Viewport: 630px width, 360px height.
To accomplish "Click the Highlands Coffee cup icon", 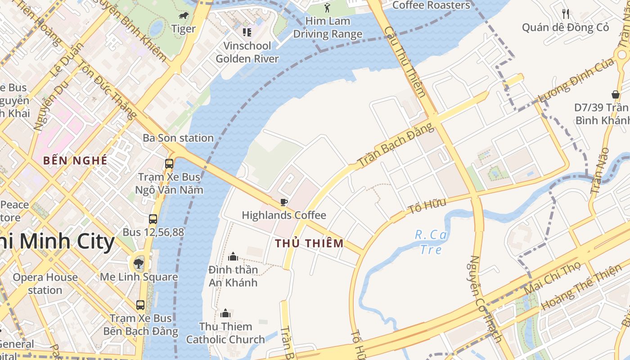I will pos(283,202).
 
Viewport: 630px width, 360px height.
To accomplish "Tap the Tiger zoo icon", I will pos(183,16).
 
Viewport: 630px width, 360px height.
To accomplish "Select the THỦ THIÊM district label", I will pos(309,243).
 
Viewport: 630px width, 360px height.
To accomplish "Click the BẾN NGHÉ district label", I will pos(76,160).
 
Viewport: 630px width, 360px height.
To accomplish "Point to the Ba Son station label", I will pos(178,138).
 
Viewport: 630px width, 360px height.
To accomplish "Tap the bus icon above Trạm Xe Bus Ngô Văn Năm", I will pos(169,164).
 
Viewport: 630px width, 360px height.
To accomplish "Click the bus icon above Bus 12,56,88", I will pos(153,219).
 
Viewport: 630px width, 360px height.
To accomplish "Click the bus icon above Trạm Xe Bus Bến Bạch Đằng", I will pos(140,305).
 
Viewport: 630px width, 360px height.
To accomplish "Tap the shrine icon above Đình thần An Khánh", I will pos(233,256).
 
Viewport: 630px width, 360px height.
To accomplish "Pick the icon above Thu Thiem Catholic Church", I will pos(225,313).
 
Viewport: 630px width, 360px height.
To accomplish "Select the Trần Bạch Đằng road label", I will pos(396,144).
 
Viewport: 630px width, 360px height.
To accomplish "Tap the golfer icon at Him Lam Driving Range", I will pos(327,8).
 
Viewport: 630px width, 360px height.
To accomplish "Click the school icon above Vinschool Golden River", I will pos(247,32).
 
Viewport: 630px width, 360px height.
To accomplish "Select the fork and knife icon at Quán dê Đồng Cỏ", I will pos(566,14).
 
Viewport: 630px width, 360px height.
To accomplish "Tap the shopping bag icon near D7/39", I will pos(615,94).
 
